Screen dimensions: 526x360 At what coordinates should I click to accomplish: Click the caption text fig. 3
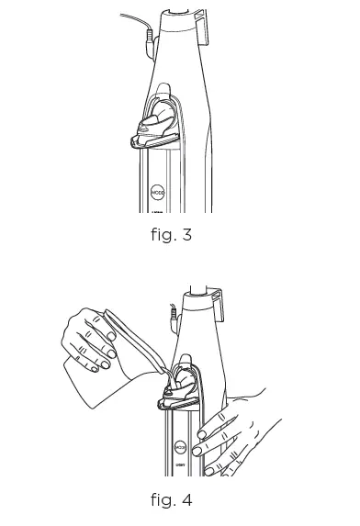(x=171, y=235)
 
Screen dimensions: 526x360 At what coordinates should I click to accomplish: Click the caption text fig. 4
(x=171, y=500)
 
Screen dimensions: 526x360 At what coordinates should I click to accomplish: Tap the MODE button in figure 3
(x=156, y=194)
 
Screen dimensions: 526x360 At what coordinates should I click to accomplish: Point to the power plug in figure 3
(x=149, y=39)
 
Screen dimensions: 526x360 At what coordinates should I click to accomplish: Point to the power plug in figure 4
(x=173, y=317)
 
